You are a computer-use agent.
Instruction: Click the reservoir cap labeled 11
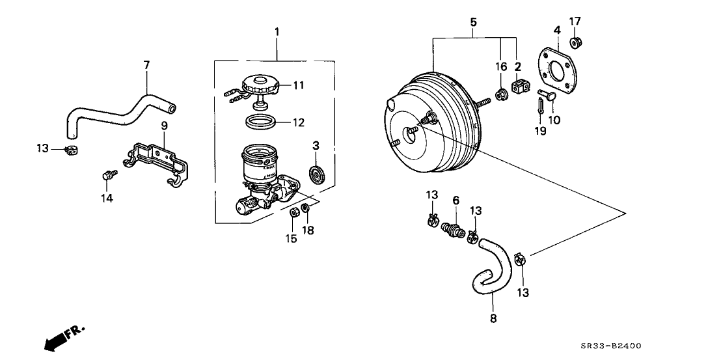[262, 85]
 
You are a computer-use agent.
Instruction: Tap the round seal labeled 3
[316, 174]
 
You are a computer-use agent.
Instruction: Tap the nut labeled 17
[575, 43]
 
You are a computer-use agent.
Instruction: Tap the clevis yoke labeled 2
[521, 87]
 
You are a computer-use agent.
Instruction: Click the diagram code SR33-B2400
[614, 346]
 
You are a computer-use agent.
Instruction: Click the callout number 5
[474, 23]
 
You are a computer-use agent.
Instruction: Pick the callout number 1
[277, 31]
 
